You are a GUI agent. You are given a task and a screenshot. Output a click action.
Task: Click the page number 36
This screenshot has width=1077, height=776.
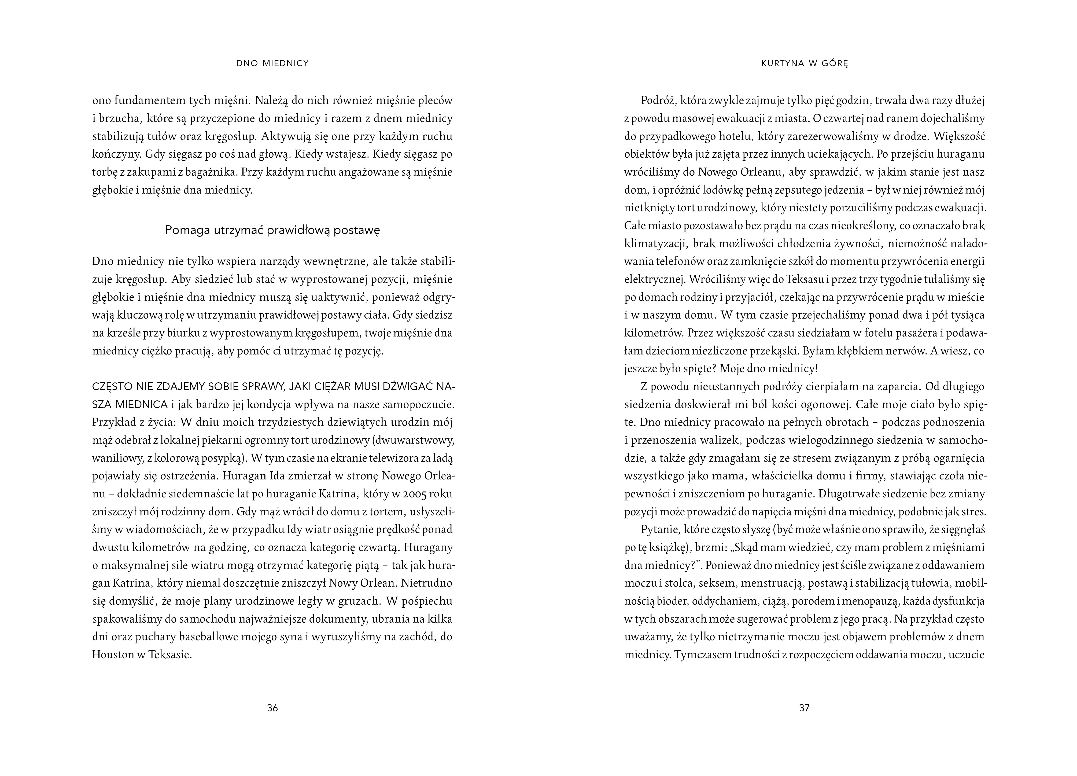coord(272,708)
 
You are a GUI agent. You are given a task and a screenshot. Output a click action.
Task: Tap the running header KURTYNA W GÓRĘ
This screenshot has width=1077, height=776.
coord(805,63)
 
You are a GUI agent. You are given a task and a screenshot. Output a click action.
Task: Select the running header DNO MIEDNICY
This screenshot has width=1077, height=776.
coord(272,63)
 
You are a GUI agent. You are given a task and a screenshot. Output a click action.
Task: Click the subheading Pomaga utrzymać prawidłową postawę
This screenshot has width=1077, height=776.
coord(272,230)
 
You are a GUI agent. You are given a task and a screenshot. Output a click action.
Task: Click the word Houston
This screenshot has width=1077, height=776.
coord(113,655)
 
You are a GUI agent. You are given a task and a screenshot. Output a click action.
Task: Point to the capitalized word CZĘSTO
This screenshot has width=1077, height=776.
coord(111,387)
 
